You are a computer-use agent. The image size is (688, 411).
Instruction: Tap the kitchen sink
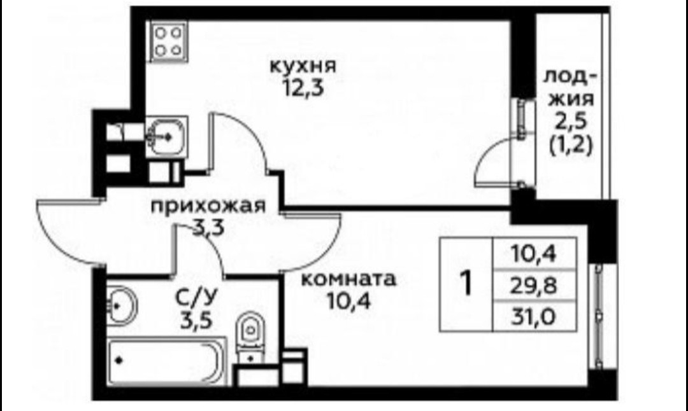pos(166,136)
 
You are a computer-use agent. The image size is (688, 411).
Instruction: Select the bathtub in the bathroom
pos(165,361)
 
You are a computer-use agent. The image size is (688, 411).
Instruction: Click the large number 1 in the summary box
pos(466,284)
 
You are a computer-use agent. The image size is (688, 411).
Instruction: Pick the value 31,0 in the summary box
pos(534,314)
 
